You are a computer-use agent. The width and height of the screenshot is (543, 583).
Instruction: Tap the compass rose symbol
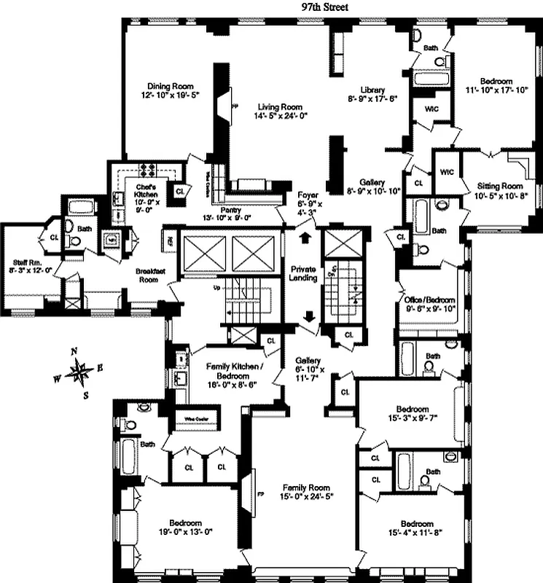pos(79,373)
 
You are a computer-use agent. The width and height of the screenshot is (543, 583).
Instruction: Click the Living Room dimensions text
pos(281,116)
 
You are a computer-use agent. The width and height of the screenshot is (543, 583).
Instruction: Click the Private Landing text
pos(302,273)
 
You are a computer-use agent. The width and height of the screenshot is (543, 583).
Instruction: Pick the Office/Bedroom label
pos(429,300)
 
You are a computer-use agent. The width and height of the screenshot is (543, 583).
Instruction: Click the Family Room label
pos(306,488)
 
